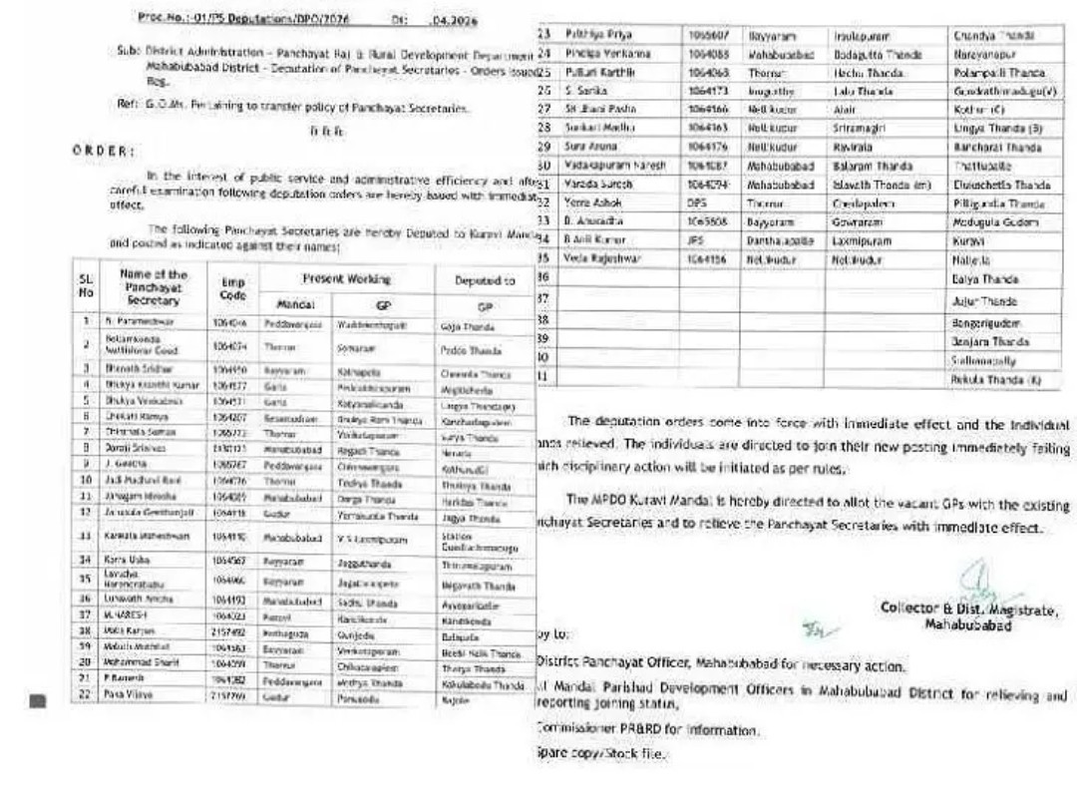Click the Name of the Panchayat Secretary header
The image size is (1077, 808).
(154, 287)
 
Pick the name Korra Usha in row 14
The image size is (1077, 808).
(127, 561)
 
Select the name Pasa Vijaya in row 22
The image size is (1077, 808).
(126, 692)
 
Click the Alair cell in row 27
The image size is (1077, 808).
(846, 109)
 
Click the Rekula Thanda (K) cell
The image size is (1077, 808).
(997, 380)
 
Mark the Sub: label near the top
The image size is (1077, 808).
(126, 48)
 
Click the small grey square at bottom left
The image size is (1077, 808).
(38, 700)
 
